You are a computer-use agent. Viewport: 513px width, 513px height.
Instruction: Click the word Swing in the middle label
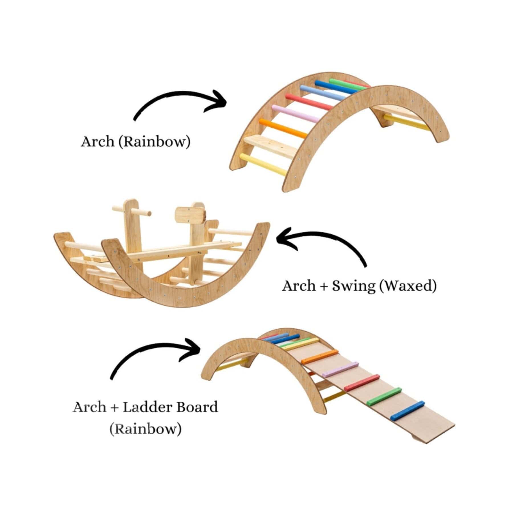pyautogui.click(x=354, y=286)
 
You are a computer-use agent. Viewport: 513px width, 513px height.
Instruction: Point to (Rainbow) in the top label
pyautogui.click(x=154, y=142)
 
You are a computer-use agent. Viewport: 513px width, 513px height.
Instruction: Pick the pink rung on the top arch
pyautogui.click(x=295, y=113)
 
